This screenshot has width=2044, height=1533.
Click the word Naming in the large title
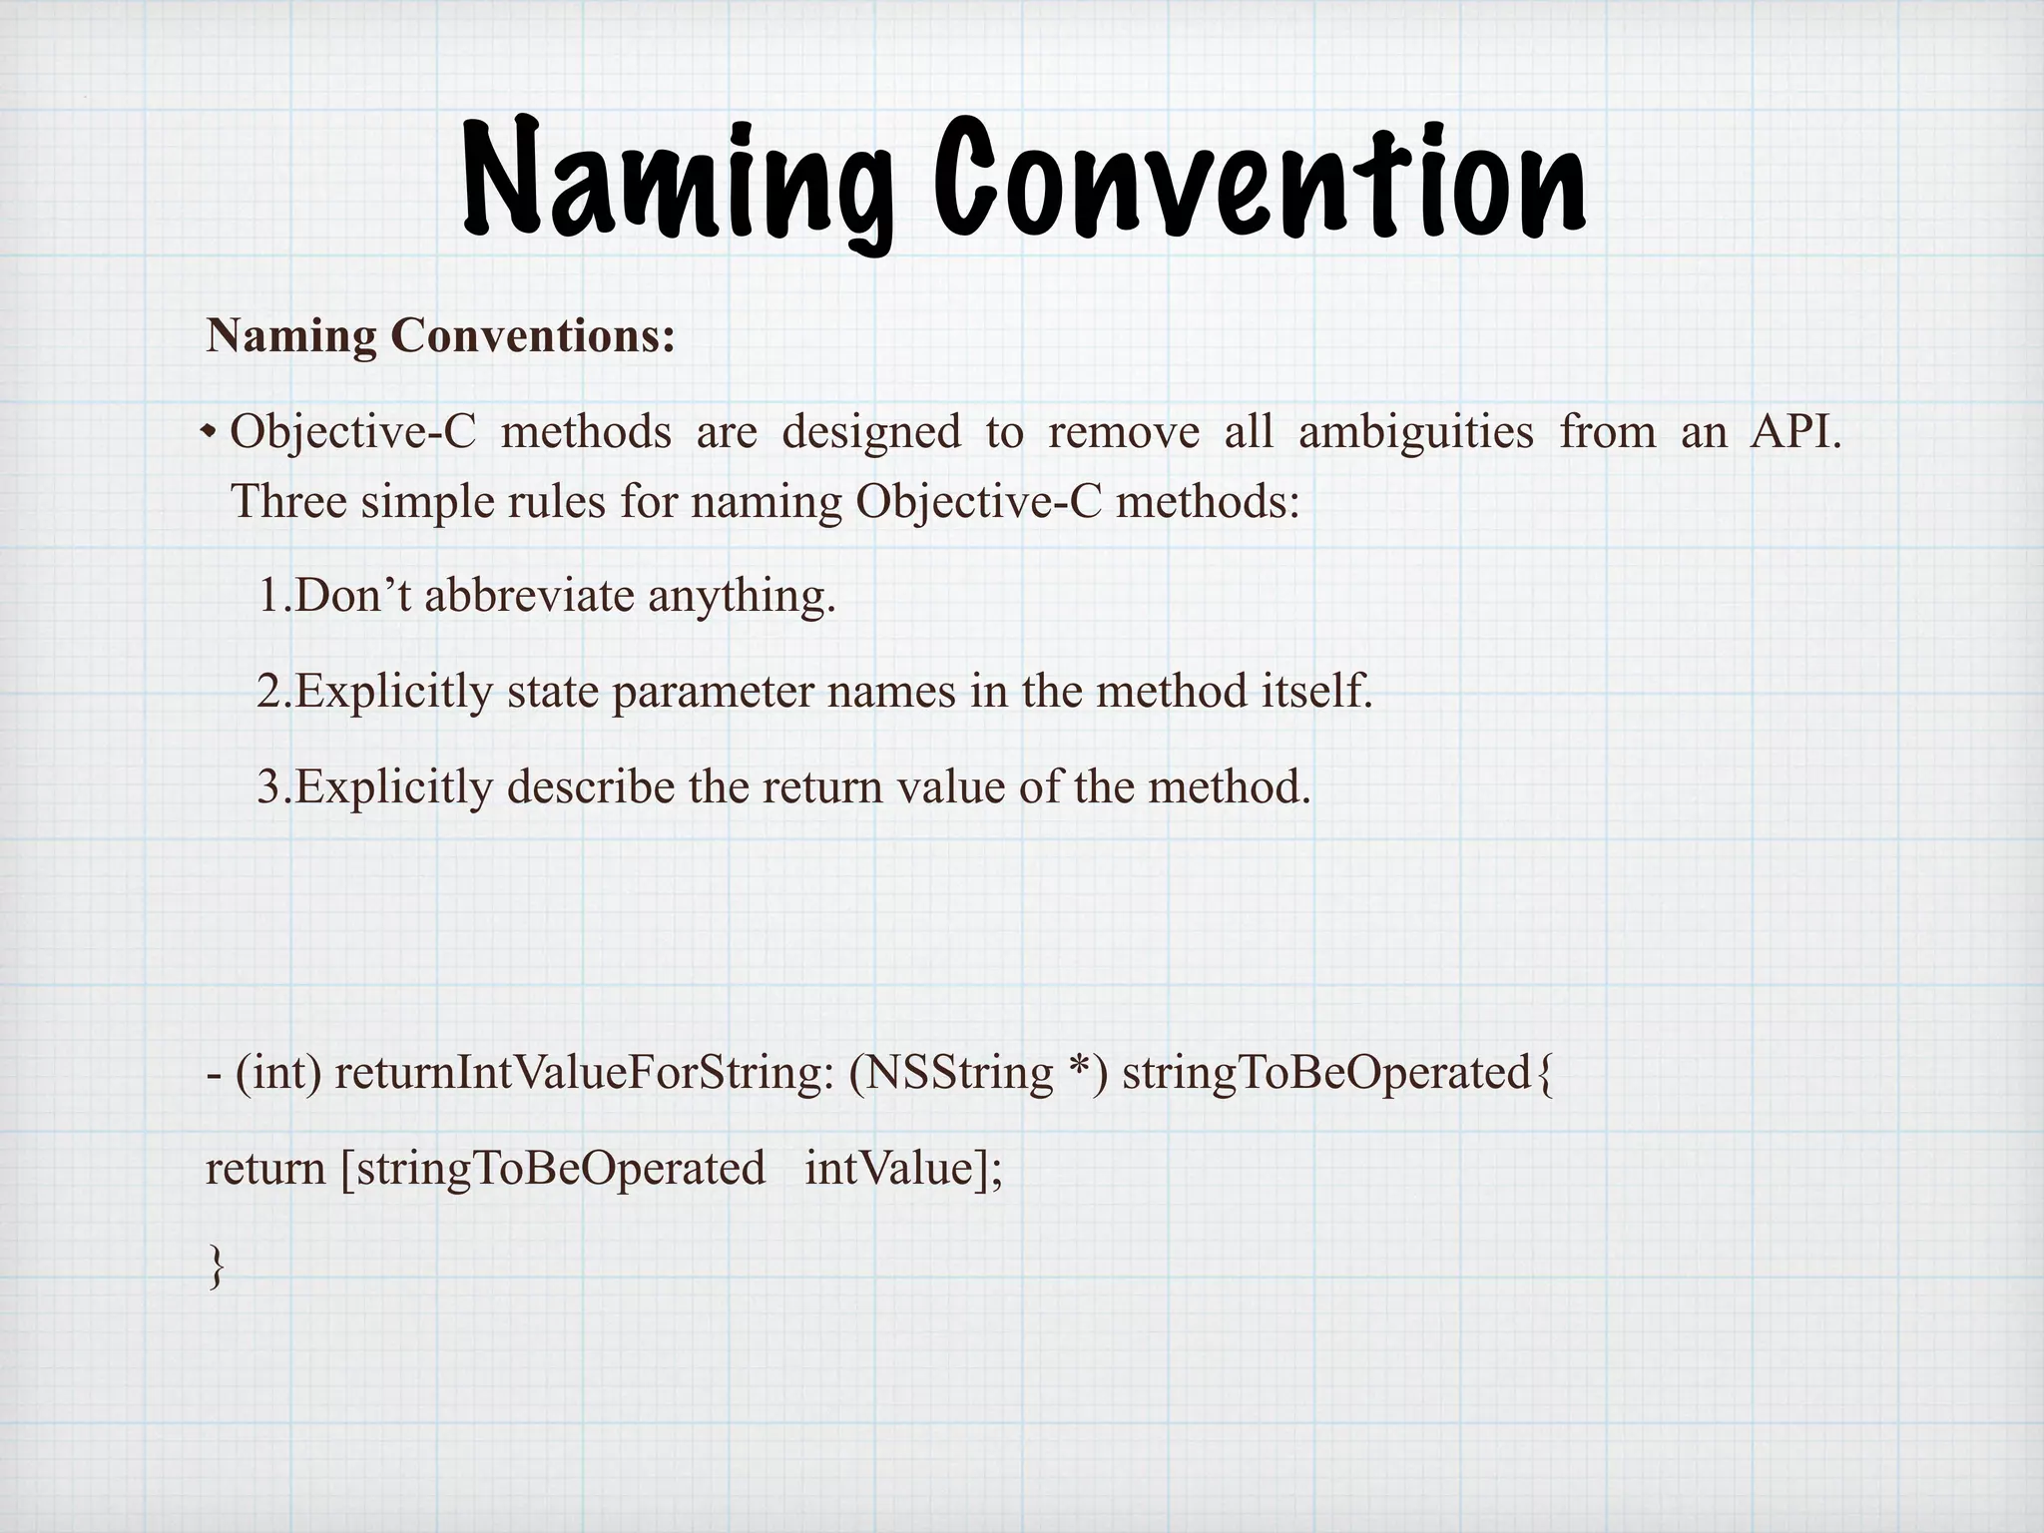pos(679,180)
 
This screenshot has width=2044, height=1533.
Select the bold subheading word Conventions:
pos(533,336)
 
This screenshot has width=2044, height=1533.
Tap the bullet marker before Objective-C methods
pos(209,432)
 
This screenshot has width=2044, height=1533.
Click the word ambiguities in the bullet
pos(1415,432)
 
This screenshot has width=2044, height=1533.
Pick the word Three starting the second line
pos(288,500)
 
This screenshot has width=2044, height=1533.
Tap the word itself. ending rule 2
pos(1316,691)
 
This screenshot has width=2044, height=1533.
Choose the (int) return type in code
pos(278,1073)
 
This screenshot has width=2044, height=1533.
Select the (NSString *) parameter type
pos(978,1073)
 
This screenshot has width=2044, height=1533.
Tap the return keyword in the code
pos(264,1169)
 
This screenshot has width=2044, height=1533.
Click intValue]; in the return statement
pos(903,1169)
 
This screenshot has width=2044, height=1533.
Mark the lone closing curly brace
pos(215,1266)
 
